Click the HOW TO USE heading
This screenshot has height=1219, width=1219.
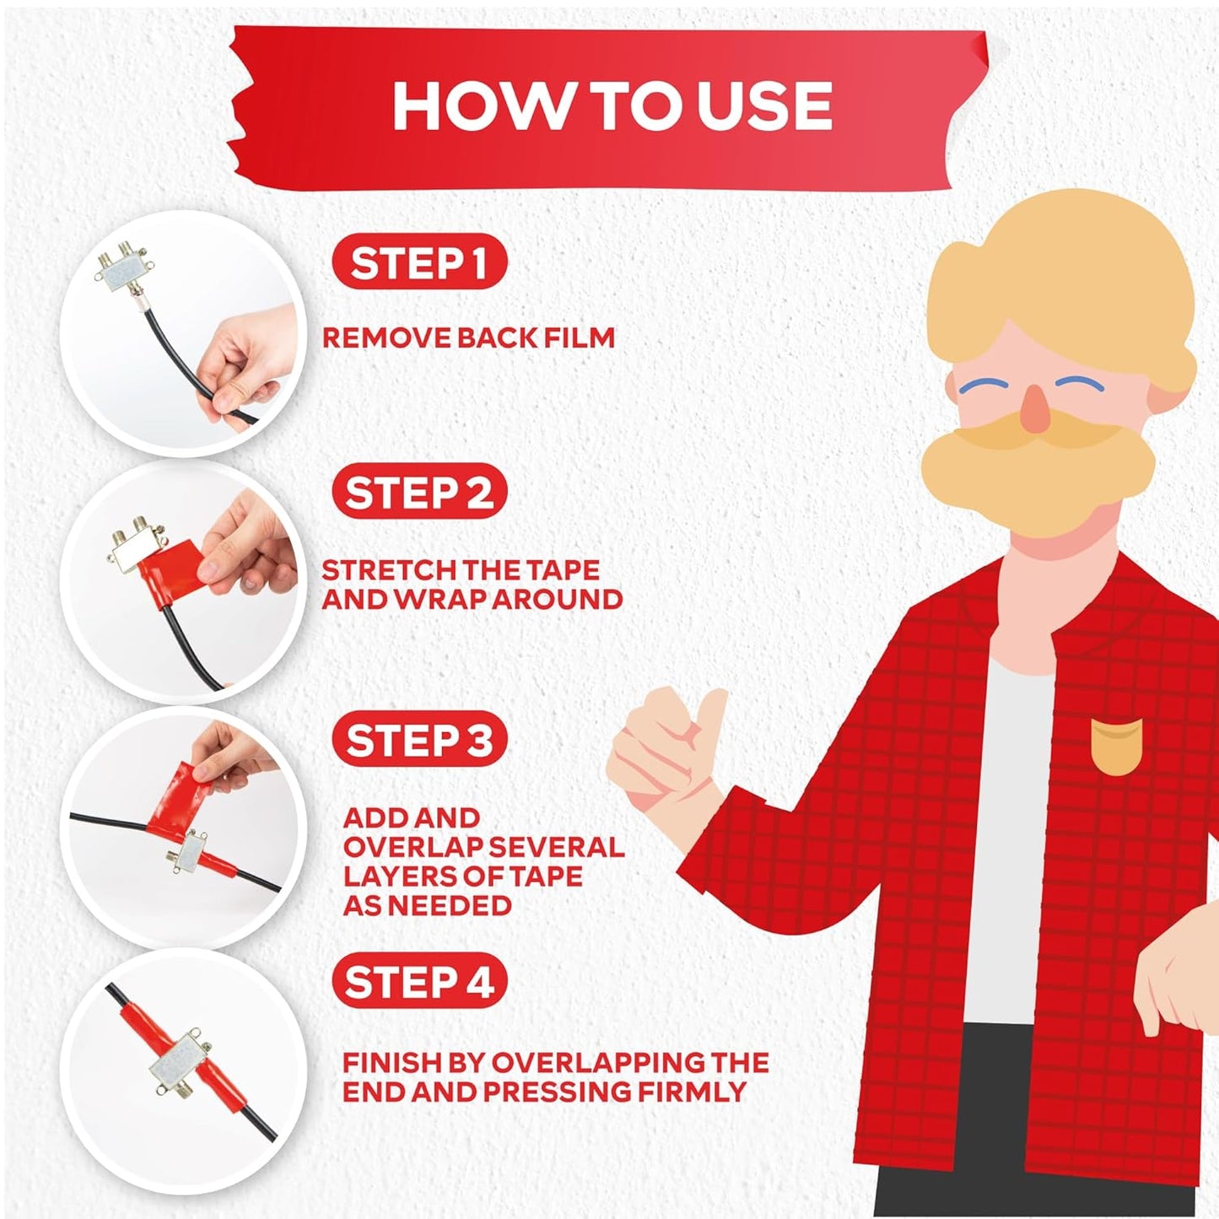coord(612,107)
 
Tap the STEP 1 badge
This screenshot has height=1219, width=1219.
coord(419,263)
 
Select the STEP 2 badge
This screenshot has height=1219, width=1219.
coord(419,493)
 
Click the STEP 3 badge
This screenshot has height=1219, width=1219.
coord(419,741)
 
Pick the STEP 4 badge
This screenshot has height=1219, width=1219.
coord(419,983)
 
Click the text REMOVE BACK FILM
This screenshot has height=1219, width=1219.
coord(468,338)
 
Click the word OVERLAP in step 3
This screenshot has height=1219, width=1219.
coord(413,847)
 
